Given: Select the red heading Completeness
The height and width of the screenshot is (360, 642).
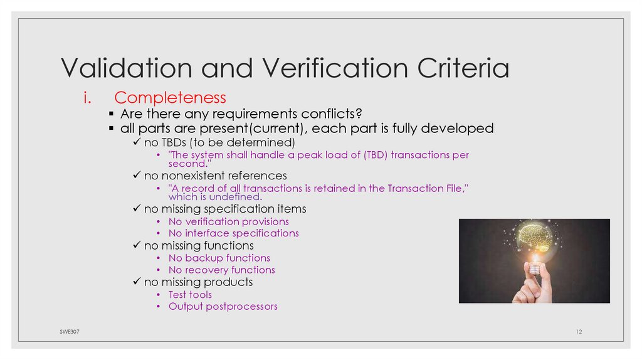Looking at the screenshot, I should point(170,98).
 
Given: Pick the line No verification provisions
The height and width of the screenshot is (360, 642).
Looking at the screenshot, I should point(229,221).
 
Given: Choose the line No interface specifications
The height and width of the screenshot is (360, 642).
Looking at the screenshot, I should point(234,233).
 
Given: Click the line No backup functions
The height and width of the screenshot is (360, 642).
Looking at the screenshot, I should point(219,258).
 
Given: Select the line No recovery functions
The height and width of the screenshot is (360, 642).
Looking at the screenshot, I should point(222,270).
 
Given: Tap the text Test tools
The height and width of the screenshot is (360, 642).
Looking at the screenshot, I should point(191,295).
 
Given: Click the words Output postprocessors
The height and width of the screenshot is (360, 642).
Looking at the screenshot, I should point(223,307).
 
